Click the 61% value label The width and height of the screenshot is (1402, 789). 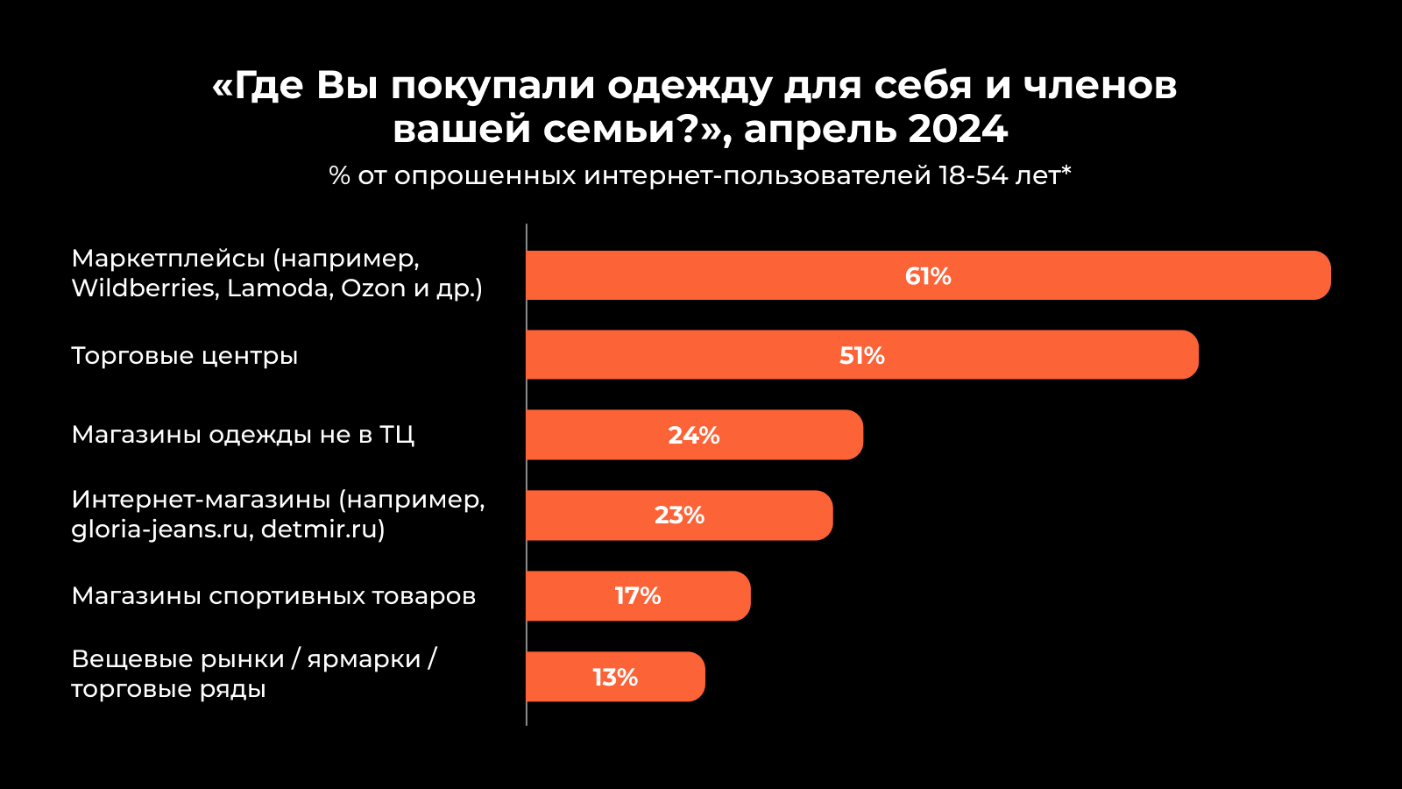pos(928,276)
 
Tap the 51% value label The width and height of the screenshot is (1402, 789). pos(862,355)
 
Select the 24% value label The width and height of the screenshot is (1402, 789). pos(694,435)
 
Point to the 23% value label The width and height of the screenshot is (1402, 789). pos(679,515)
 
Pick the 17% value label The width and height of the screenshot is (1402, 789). pos(638,595)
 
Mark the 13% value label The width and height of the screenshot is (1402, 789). pos(615,677)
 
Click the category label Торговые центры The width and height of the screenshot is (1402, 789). pos(185,356)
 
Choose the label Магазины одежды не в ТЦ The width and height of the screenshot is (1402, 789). pos(243,435)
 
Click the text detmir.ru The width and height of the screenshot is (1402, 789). pos(319,530)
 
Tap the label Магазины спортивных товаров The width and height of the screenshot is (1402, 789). pos(273,596)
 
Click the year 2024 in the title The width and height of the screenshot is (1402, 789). pos(958,130)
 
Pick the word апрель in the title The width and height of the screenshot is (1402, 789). pos(818,130)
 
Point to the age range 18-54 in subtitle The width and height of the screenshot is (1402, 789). pos(973,175)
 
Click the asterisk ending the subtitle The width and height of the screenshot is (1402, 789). pos(1066,170)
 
